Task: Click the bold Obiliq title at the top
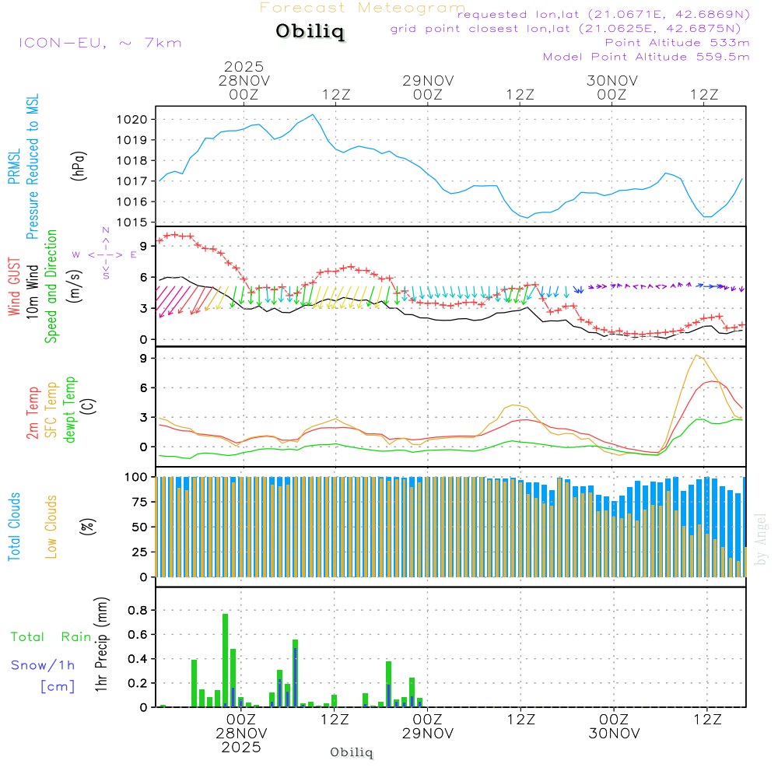pyautogui.click(x=310, y=33)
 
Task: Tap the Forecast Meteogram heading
pyautogui.click(x=363, y=8)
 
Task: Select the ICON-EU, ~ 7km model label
pyautogui.click(x=100, y=43)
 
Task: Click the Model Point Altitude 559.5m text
pyautogui.click(x=646, y=57)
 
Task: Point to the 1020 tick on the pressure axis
pyautogui.click(x=138, y=120)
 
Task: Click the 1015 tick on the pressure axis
pyautogui.click(x=138, y=223)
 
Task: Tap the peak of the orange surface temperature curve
pyautogui.click(x=697, y=356)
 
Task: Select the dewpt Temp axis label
pyautogui.click(x=70, y=410)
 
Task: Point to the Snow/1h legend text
pyautogui.click(x=44, y=665)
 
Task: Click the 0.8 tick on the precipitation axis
pyautogui.click(x=137, y=610)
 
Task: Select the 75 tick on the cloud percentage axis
pyautogui.click(x=138, y=502)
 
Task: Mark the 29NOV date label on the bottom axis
pyautogui.click(x=428, y=733)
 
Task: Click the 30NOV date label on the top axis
pyautogui.click(x=612, y=81)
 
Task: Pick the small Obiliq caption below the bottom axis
pyautogui.click(x=352, y=752)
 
